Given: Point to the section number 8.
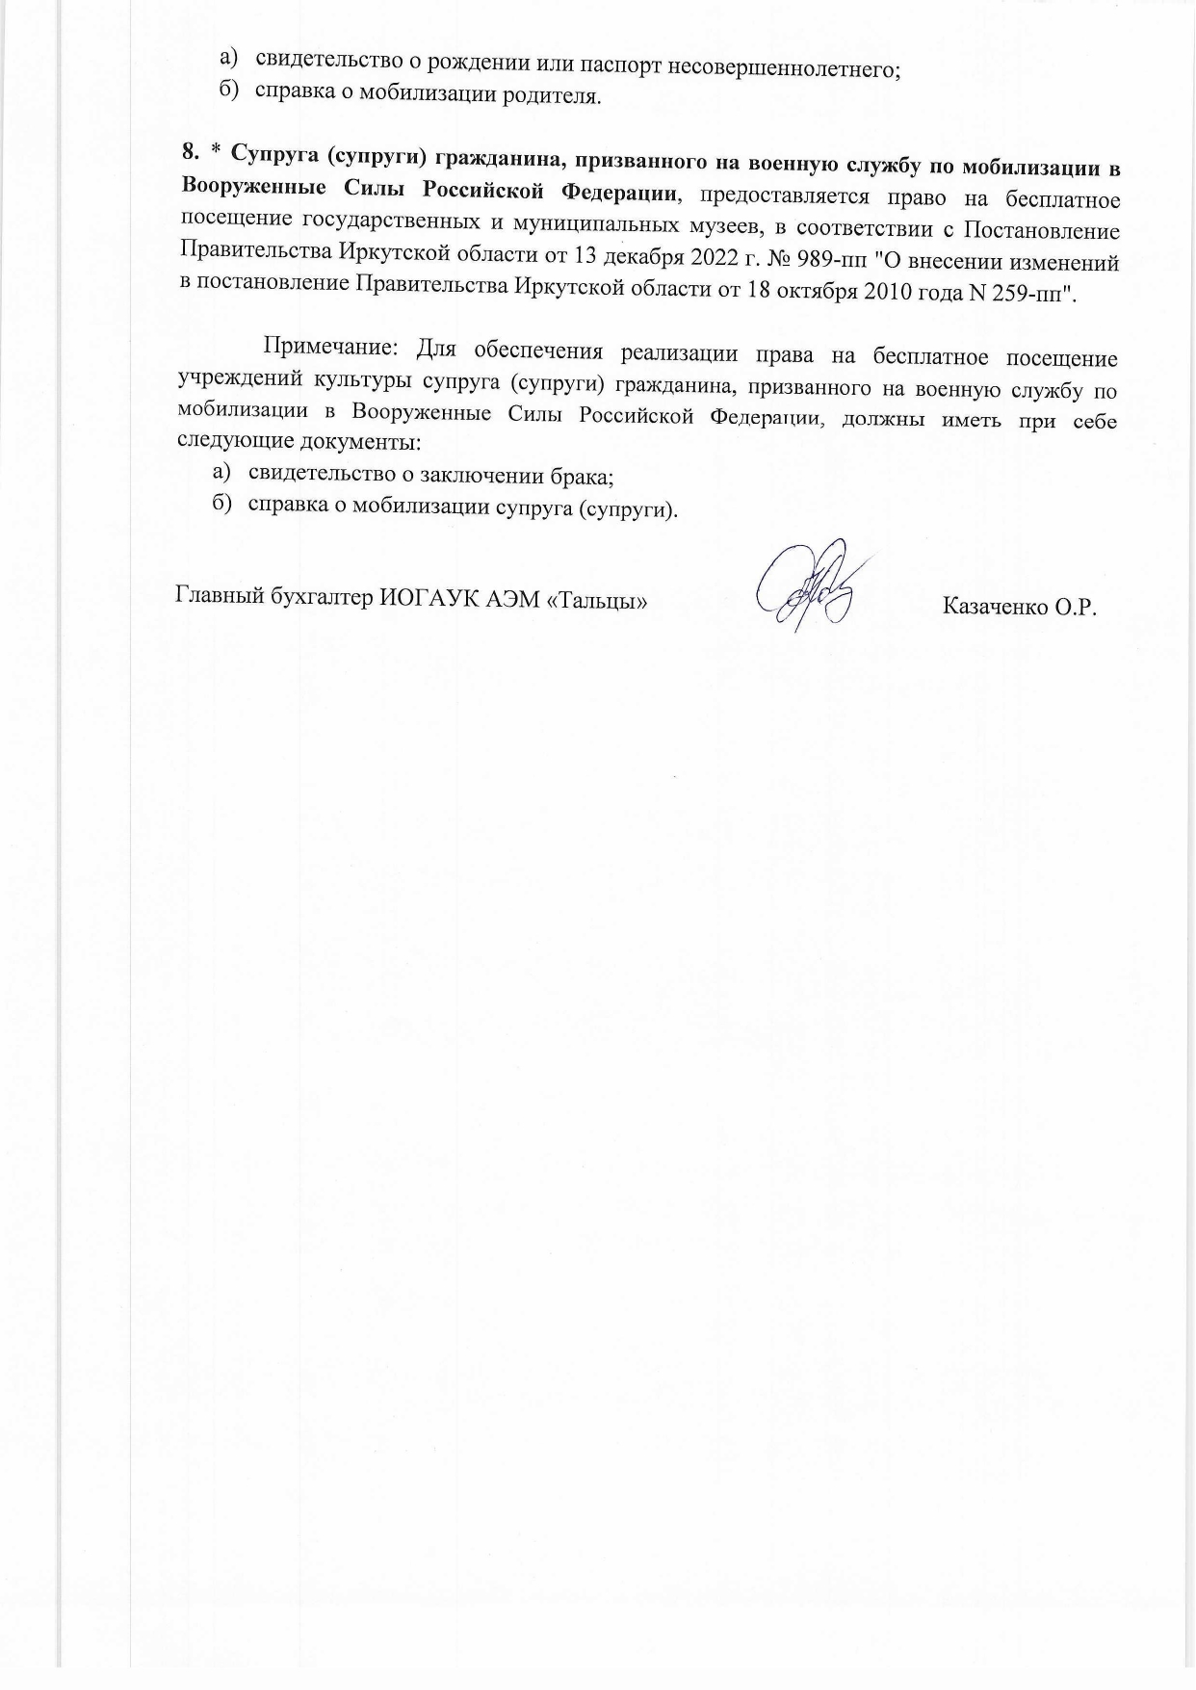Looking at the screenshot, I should coord(190,153).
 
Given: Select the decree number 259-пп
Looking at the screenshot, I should coord(1033,292).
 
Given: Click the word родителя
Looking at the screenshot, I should coord(558,96).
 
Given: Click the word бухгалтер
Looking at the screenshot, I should coord(324,598).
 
